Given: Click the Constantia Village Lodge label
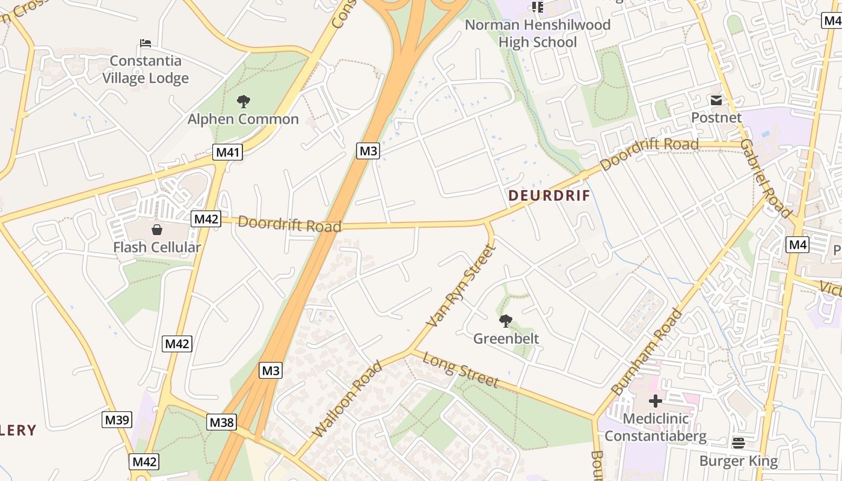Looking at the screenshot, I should [146, 69].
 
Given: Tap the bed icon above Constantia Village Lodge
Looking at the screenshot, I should [145, 43].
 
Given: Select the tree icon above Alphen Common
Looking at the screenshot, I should [243, 102].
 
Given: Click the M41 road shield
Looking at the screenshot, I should [227, 152].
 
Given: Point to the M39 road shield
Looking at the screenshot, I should [117, 420].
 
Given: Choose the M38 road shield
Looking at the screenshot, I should [221, 422].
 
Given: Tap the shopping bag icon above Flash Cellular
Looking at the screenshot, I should [157, 230].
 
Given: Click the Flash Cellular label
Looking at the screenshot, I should [157, 247].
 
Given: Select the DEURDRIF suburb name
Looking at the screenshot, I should [549, 196].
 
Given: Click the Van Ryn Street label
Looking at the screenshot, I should [460, 286].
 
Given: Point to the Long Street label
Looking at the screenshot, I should [461, 370].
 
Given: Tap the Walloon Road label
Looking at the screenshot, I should [347, 399].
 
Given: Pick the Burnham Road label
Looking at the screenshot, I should [646, 351].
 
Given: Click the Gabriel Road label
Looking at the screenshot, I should [765, 178].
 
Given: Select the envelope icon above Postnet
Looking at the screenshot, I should [716, 100].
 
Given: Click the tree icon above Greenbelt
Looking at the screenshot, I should [506, 321].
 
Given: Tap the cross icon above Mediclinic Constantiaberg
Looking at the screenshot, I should [656, 400].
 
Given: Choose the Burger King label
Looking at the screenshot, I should [738, 461].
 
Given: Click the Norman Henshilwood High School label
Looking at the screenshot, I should [537, 33].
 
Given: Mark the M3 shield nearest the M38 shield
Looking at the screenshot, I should [271, 370].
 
